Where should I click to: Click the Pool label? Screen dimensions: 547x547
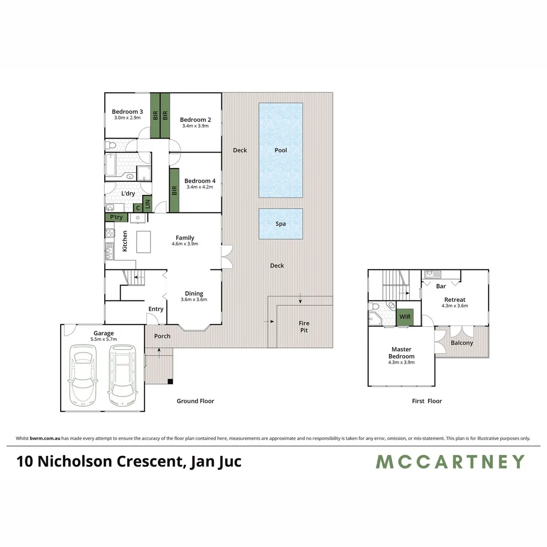pos(281,150)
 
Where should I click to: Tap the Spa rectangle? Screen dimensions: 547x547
pos(281,224)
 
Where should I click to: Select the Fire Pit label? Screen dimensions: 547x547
pos(304,327)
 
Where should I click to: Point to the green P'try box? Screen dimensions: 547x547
pos(116,217)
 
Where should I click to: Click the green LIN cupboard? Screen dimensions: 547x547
pos(147,204)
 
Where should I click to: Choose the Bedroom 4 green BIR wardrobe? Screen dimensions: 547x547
pos(174,190)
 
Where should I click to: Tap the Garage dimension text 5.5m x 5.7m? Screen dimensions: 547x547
pos(103,339)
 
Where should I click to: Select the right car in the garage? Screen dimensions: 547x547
pos(122,372)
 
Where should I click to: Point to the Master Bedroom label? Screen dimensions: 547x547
pos(402,353)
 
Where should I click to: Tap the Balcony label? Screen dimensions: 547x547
pos(462,343)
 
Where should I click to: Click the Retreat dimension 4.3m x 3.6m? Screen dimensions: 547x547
pos(455,306)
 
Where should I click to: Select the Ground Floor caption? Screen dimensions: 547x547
pos(195,401)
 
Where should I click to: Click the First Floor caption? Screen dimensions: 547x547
pos(426,401)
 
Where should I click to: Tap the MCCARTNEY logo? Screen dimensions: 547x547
pos(450,462)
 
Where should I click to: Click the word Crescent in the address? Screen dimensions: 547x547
pos(150,462)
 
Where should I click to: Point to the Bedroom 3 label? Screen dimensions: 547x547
pos(127,112)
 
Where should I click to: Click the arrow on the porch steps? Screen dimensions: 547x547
pos(160,352)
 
